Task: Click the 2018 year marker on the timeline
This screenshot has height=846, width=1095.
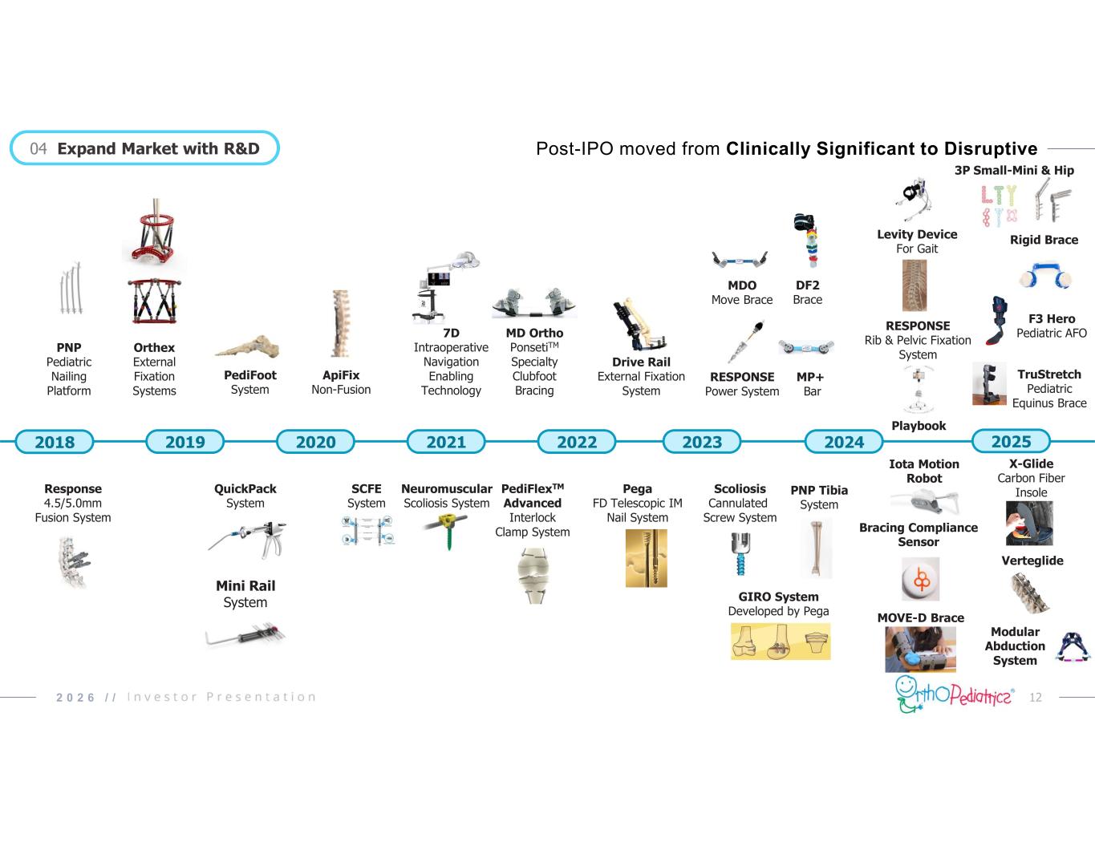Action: [55, 442]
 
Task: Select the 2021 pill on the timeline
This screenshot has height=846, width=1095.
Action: [446, 442]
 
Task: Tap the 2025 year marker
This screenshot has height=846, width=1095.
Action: [1011, 441]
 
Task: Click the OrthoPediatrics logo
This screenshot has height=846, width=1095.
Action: [954, 694]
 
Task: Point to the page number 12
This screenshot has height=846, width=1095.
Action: [1035, 698]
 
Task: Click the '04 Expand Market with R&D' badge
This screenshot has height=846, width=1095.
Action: [144, 148]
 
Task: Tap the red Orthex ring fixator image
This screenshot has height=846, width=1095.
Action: [153, 233]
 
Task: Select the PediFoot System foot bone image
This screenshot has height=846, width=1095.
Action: [248, 347]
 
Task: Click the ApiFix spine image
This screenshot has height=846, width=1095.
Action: [341, 323]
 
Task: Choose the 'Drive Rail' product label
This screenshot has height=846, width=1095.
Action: [641, 362]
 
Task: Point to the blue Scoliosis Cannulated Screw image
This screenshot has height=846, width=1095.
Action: [740, 554]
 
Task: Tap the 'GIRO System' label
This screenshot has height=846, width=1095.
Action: [778, 597]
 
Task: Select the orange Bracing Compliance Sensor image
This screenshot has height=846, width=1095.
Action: [920, 579]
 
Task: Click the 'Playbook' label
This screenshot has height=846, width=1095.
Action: [919, 426]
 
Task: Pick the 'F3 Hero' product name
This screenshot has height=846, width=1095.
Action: [1051, 318]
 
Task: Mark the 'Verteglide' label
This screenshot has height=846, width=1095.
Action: [1032, 561]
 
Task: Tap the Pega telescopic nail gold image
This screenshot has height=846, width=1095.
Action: [645, 559]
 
